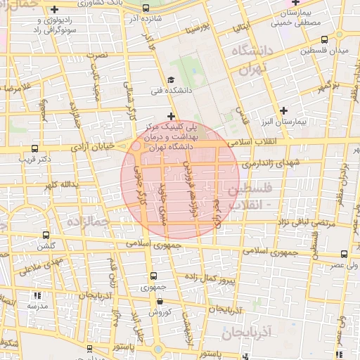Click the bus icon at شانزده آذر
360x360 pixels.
click(x=145, y=8)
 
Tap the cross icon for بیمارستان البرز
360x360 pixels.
click(x=283, y=110)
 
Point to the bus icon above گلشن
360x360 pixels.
click(x=46, y=236)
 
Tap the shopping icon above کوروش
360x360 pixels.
click(x=160, y=301)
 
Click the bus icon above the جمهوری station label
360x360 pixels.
click(x=153, y=277)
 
